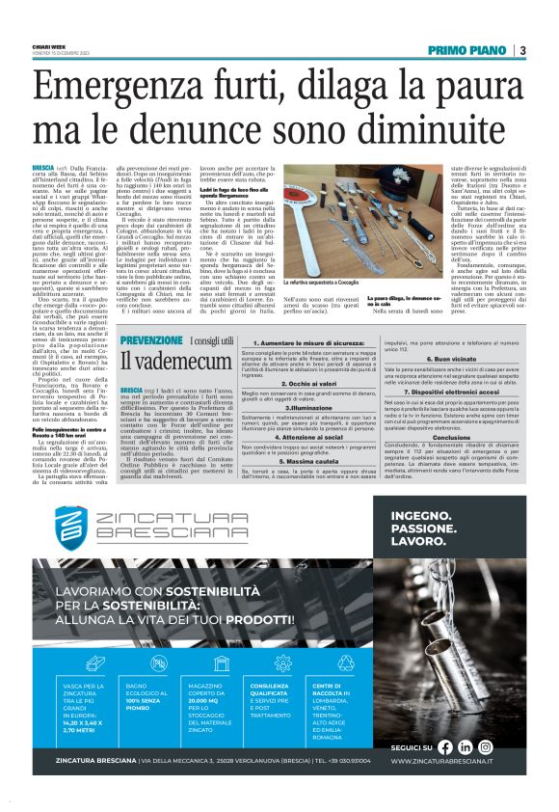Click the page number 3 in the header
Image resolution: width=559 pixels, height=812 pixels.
[522, 50]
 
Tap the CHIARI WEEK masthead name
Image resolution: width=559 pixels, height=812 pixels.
[45, 44]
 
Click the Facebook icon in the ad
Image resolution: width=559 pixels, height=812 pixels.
[444, 746]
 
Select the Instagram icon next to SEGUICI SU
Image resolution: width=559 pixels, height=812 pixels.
[486, 746]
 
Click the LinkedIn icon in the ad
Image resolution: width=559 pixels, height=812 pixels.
[466, 746]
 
